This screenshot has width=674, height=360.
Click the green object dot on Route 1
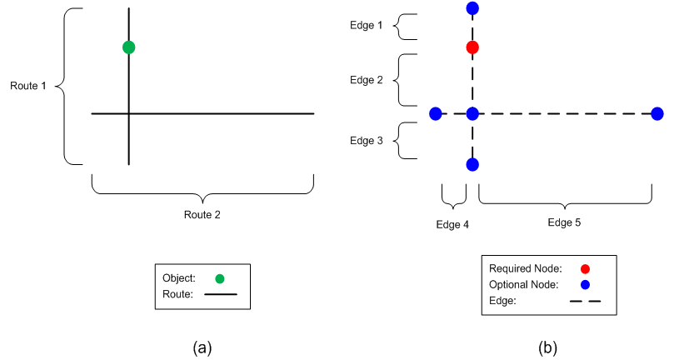(128, 47)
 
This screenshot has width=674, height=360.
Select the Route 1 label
(28, 86)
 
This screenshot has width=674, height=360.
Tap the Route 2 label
(202, 214)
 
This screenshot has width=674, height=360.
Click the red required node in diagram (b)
(472, 47)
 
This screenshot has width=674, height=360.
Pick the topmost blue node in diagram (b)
(472, 9)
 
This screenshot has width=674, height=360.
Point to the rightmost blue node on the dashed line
(657, 113)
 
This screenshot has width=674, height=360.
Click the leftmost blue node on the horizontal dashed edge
(435, 113)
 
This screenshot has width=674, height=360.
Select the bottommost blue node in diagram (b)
(472, 164)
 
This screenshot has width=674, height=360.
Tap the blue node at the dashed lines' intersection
(472, 113)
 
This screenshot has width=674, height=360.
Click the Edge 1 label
(367, 26)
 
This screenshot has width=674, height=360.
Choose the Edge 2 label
(367, 80)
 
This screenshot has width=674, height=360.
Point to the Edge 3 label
(367, 141)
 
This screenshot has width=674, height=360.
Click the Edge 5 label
(565, 222)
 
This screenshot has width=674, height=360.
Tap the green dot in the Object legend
(219, 278)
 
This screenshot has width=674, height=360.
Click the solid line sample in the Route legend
(221, 293)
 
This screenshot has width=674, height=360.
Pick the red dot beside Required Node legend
(585, 268)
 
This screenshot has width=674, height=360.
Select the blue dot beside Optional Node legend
(585, 285)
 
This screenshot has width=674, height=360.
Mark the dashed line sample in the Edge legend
(586, 301)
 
